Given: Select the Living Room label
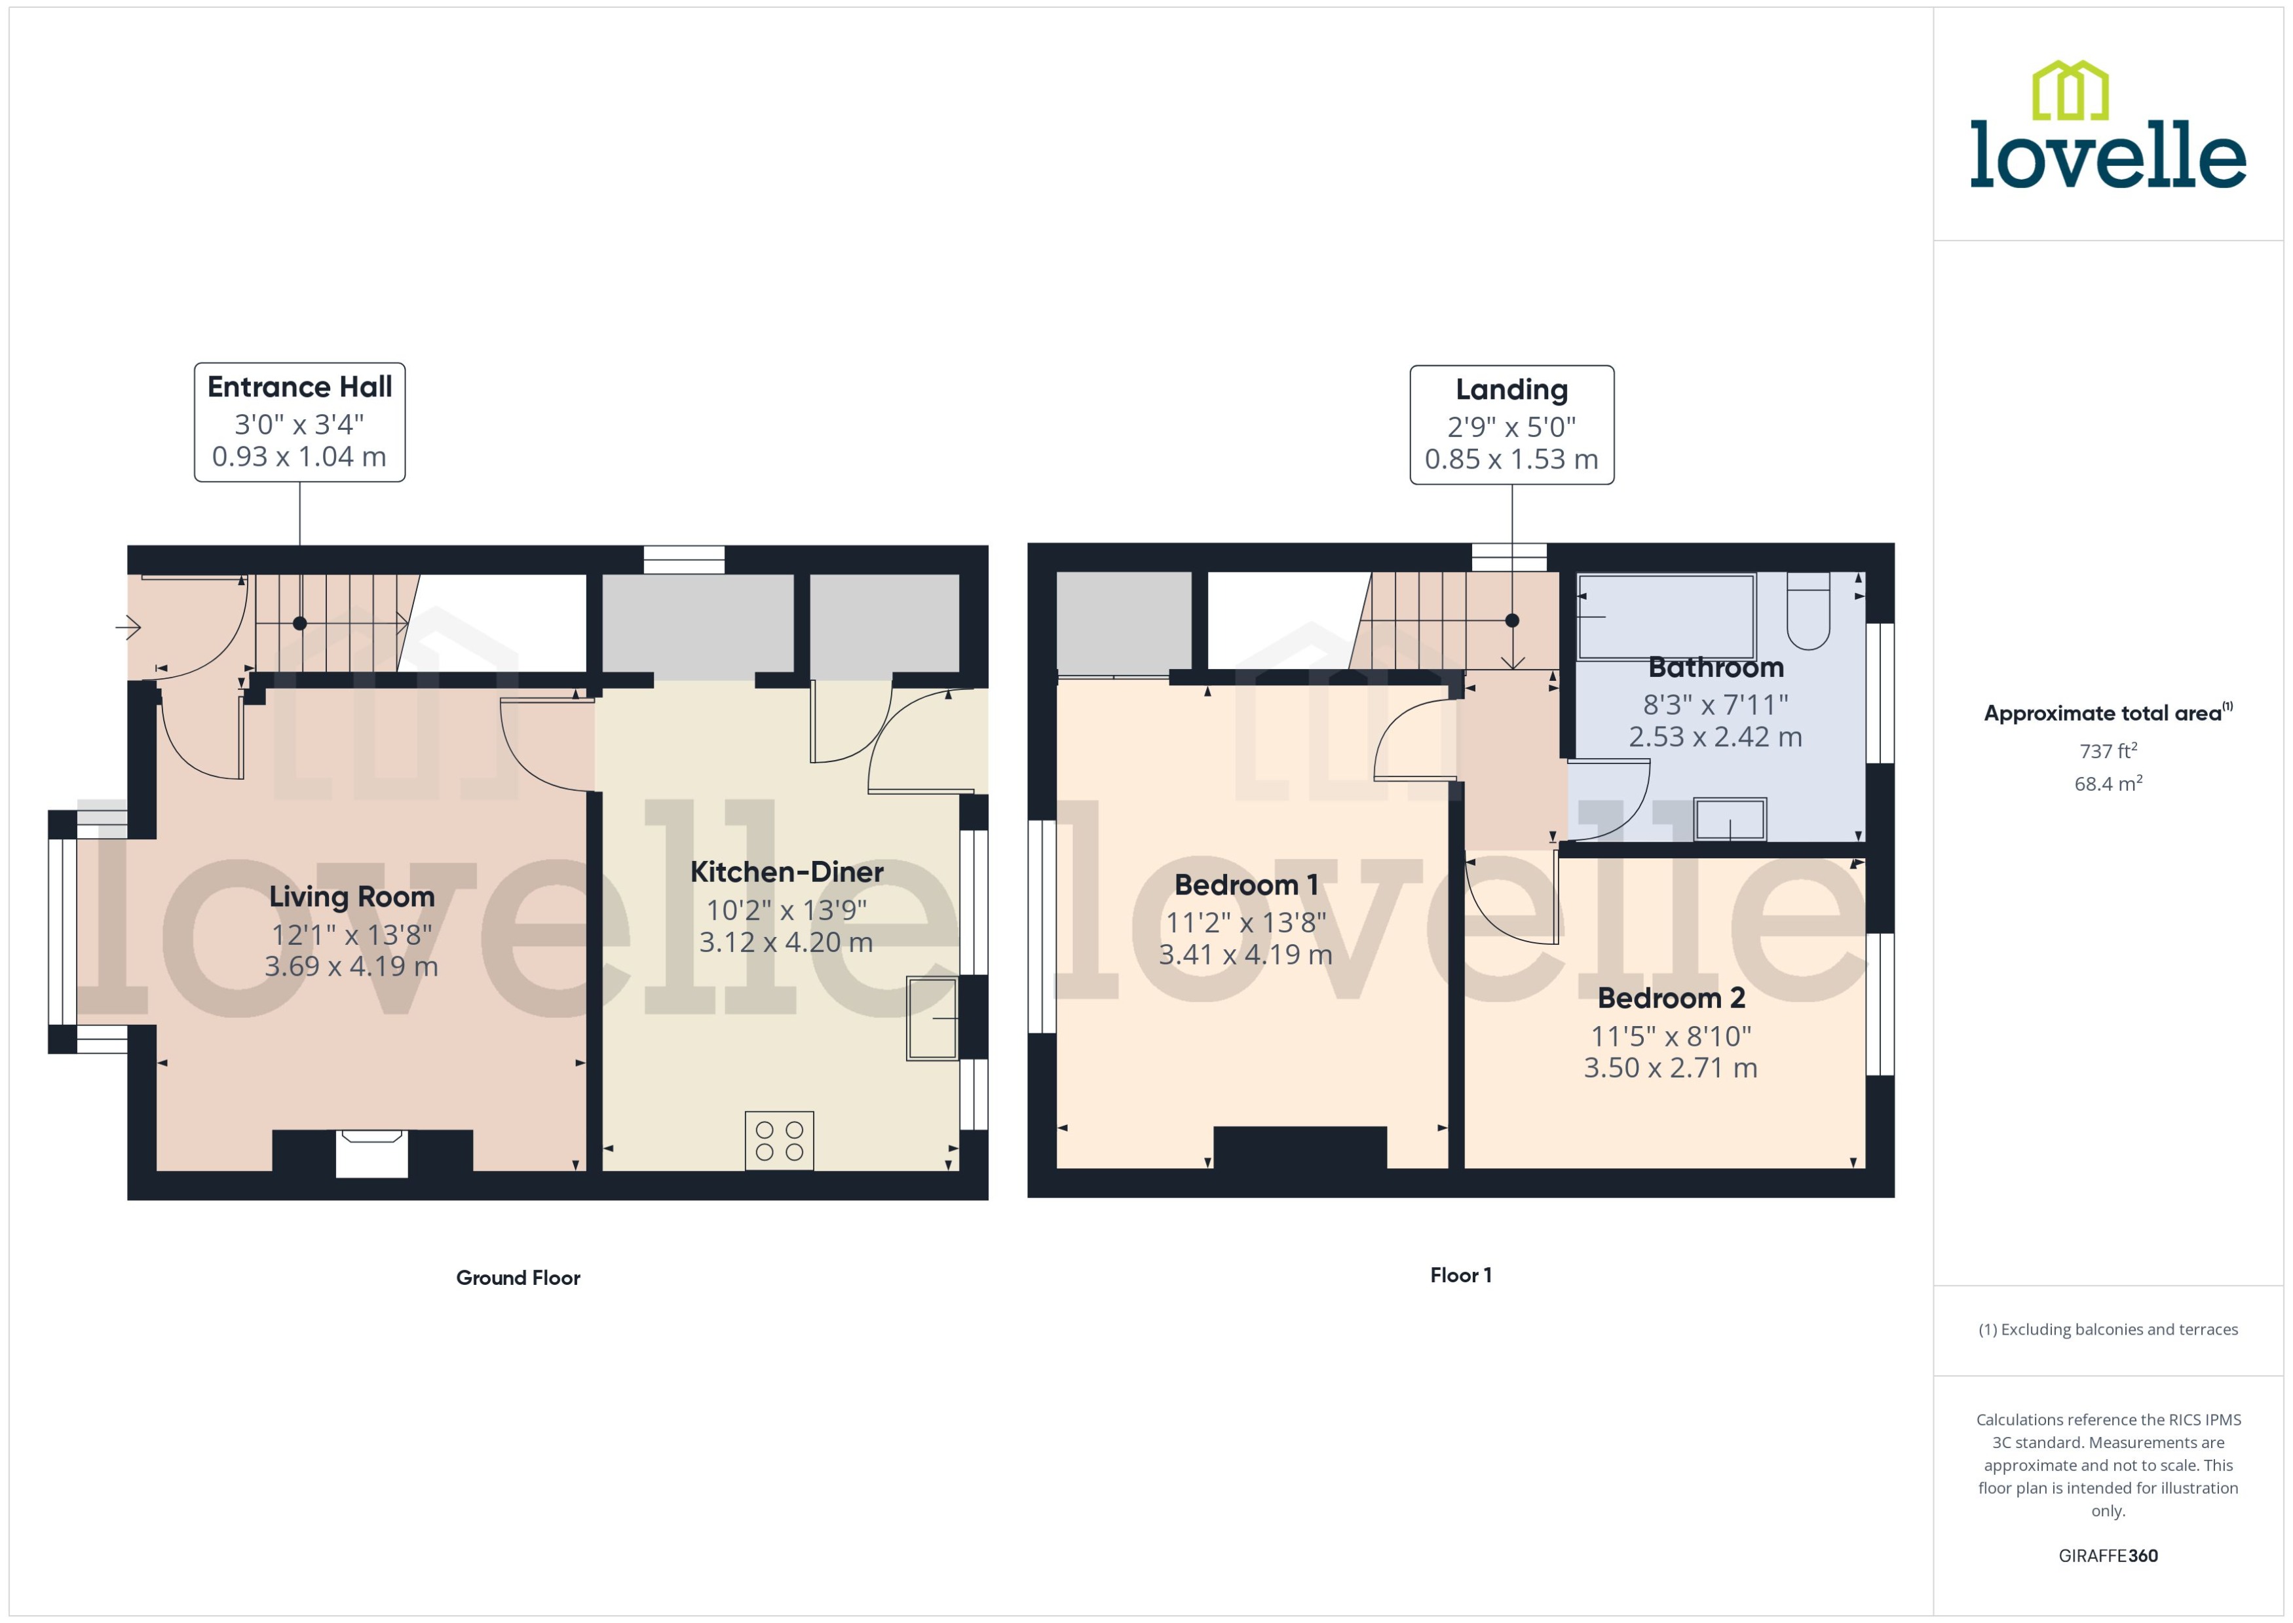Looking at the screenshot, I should click(x=352, y=896).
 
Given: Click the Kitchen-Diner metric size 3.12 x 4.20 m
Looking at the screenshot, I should click(x=786, y=942).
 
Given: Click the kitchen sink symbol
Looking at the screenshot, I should click(x=931, y=1018).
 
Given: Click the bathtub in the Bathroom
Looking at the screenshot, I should click(x=1665, y=616).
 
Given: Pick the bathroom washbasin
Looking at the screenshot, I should click(x=1730, y=820).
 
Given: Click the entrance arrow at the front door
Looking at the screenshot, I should click(x=128, y=628).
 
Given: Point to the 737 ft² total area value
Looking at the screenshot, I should click(x=2107, y=750).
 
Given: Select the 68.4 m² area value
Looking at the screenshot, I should click(x=2107, y=784).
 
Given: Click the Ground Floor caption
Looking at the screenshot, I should click(x=518, y=1277).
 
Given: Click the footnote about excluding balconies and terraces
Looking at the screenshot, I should click(x=2107, y=1329).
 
